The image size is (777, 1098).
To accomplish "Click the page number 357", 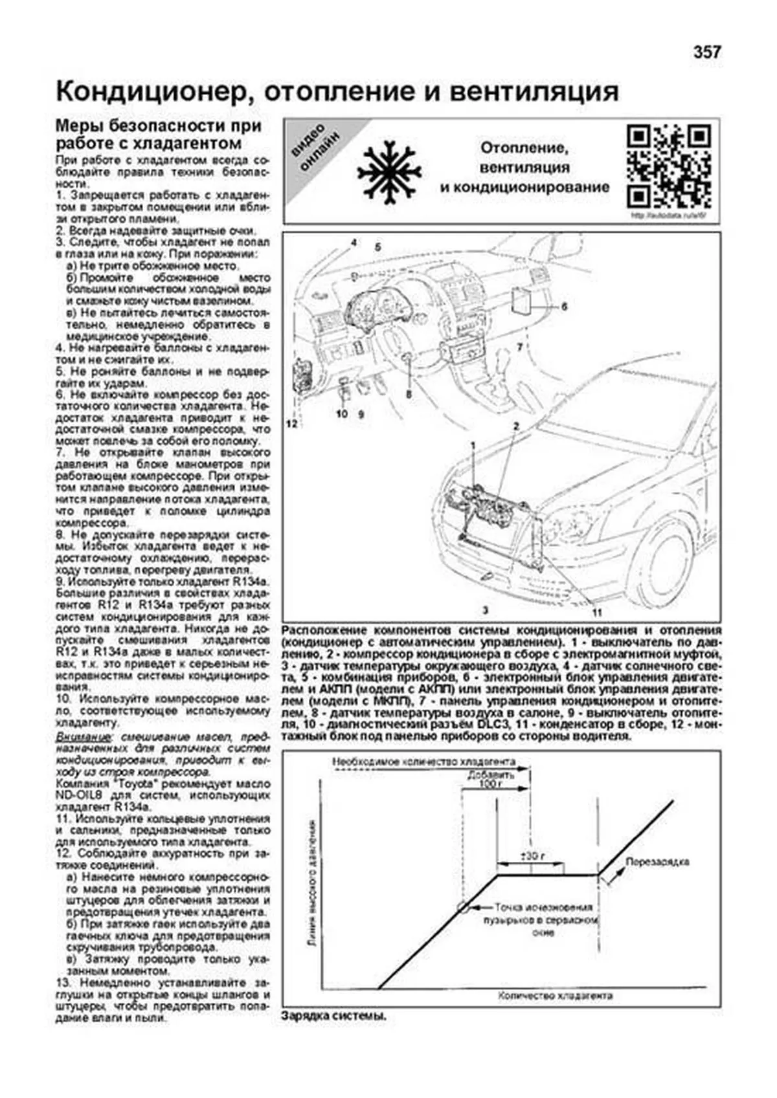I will pos(706,53).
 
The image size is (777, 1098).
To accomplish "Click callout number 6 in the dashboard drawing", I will pos(564,307).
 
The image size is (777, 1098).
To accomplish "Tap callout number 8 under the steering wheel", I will pos(408,393).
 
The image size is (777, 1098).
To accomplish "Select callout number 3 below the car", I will pos(484,609).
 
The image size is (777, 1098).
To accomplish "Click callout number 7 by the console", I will pos(519,348).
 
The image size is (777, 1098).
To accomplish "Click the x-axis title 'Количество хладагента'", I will pos(555,996).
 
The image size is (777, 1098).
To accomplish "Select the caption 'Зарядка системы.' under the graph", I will pos(334,1016).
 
